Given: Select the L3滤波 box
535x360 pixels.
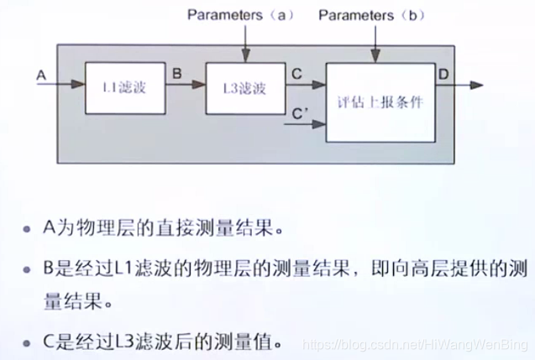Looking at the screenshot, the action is [240, 87].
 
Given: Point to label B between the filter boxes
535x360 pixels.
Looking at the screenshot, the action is [176, 74].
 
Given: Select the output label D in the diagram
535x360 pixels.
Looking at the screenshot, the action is [443, 74].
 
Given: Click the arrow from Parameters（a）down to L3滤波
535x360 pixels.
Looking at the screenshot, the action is [244, 42].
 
